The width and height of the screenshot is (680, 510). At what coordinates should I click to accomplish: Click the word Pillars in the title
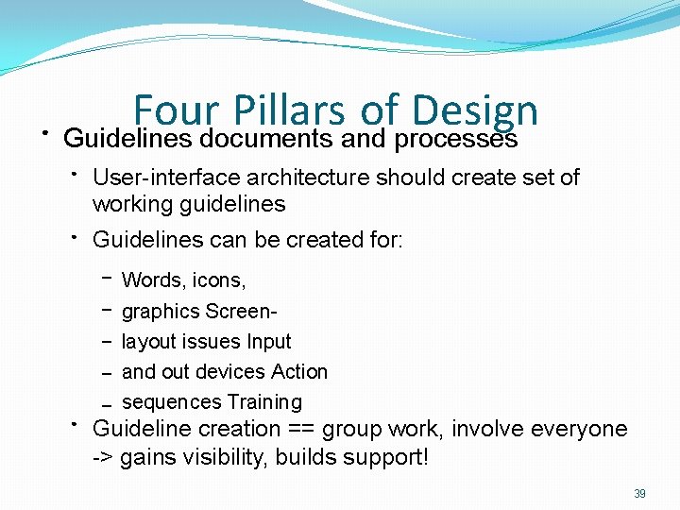pos(289,110)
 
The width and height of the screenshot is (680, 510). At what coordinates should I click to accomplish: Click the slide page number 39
pos(639,494)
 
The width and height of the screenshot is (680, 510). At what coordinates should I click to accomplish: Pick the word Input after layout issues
pos(268,341)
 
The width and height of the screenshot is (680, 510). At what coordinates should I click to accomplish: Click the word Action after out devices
pos(298,371)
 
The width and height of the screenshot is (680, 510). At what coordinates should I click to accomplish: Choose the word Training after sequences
pos(264,401)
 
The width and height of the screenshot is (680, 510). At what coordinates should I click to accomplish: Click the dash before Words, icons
pos(106,279)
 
